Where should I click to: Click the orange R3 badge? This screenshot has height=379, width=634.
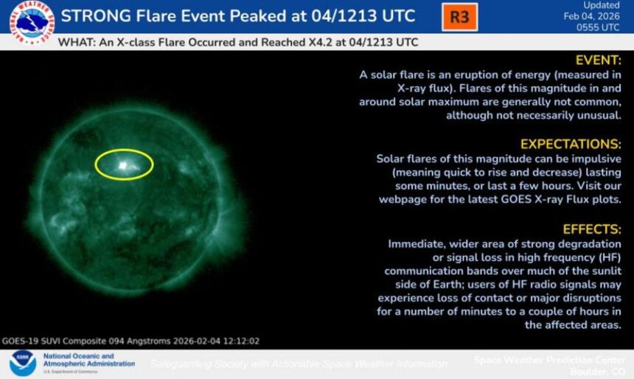tap(459, 16)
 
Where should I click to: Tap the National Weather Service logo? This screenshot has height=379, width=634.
tap(31, 21)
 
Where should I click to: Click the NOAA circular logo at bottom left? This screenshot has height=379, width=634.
tap(22, 364)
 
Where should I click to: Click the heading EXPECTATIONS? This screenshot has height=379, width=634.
tap(571, 144)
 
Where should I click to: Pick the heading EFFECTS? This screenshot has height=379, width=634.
tap(593, 229)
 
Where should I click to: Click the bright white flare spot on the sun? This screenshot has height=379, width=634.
tap(123, 166)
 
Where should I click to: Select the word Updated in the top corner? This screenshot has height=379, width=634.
tap(601, 5)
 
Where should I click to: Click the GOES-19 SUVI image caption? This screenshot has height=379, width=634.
tap(130, 341)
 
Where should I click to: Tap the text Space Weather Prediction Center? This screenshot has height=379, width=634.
tap(550, 360)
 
